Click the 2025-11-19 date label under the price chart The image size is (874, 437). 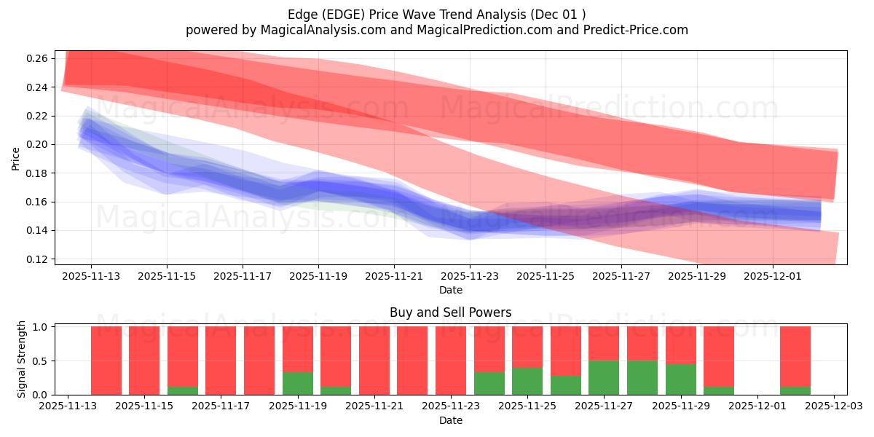pos(318,277)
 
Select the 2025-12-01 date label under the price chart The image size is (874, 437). pos(773,277)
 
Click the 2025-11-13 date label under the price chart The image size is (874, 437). pos(91,277)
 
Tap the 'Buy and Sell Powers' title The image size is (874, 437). pos(450,312)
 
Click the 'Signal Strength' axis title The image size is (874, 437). pos(22,359)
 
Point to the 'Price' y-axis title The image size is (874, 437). pos(16,158)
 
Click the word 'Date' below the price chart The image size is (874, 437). pos(450,290)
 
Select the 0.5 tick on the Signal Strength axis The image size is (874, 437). pos(41,361)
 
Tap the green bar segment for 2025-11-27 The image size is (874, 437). pos(604,377)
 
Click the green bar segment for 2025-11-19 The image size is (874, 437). pos(298,383)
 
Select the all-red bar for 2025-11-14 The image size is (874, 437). pos(106,361)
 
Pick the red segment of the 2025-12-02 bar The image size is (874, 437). pos(795,355)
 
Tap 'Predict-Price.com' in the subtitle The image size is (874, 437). pos(637,30)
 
